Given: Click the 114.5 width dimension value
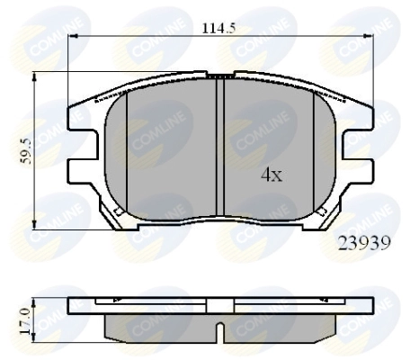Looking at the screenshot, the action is [218, 29].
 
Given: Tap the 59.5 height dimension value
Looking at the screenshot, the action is [26, 150].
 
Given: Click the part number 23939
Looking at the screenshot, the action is [364, 243].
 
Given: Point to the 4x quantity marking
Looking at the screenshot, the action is [272, 175].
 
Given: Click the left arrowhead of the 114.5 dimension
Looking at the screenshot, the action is [73, 36].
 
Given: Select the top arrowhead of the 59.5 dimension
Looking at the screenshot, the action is [34, 76].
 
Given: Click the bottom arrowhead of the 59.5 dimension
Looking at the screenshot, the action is [34, 224].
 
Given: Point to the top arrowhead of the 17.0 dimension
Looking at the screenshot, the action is [34, 302].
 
